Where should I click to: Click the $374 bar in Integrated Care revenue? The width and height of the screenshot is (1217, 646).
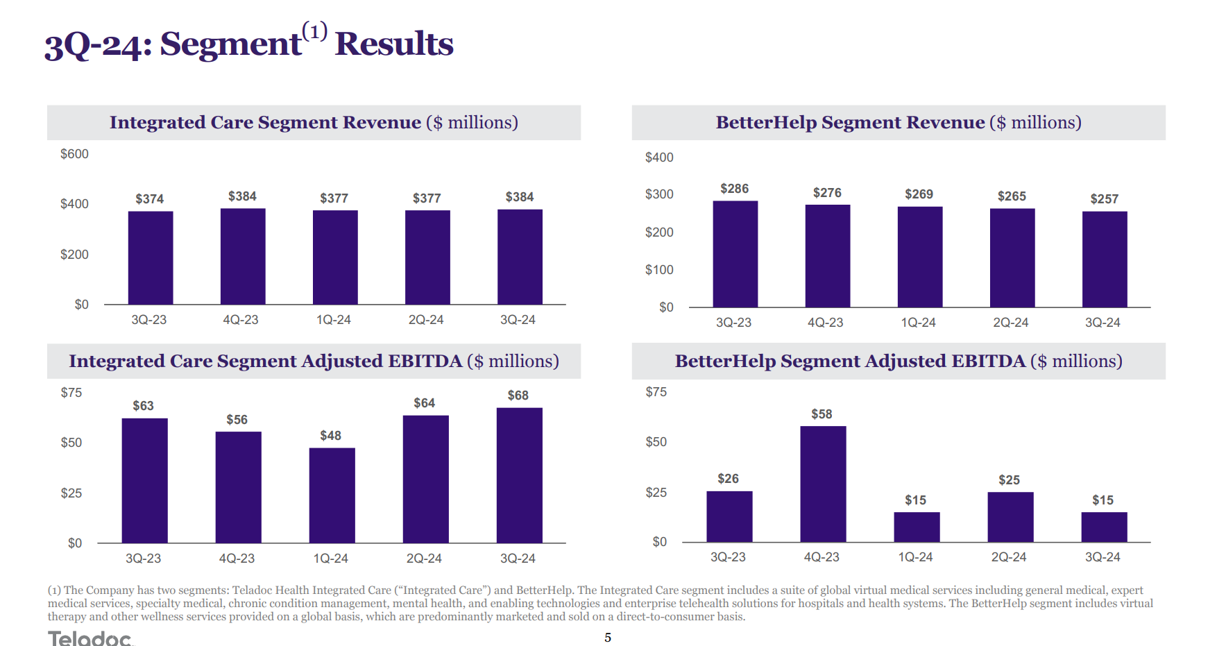[151, 257]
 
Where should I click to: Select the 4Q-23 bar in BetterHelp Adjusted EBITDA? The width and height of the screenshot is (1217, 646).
[823, 484]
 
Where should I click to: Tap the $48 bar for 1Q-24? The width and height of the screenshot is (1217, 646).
[332, 495]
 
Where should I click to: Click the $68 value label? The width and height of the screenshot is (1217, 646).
[518, 396]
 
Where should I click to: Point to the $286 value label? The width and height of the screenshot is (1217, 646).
[734, 189]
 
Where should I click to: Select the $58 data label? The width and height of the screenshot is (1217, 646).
[822, 414]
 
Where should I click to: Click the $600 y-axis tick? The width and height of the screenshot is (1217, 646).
[74, 154]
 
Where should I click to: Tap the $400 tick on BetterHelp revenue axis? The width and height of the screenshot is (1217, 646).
[659, 158]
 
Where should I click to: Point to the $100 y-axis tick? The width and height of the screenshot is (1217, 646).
[659, 270]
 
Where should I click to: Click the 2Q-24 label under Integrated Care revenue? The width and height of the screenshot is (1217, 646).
[426, 320]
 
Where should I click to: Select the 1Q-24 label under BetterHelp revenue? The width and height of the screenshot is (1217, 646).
[918, 323]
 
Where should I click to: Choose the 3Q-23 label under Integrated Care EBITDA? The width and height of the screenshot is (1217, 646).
[143, 559]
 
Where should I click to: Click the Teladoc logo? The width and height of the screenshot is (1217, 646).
[90, 638]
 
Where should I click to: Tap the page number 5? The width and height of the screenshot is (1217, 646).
[608, 638]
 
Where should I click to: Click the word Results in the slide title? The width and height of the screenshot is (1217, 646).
[394, 44]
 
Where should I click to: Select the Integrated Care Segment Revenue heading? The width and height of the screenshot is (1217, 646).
[314, 123]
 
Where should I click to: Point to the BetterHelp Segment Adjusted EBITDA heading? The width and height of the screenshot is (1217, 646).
[899, 362]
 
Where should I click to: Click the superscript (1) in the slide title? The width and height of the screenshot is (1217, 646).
[314, 31]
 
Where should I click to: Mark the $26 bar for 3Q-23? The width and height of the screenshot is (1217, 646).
[729, 516]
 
